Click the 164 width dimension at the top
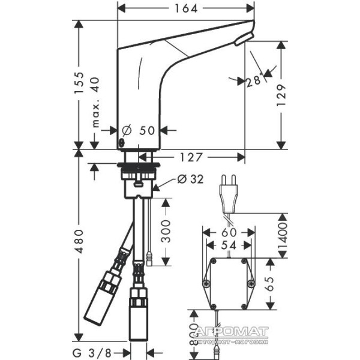tap(186, 9)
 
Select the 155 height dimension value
tap(79, 83)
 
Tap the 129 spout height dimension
tap(281, 95)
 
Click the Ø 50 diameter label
tap(138, 130)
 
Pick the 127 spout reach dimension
tap(191, 157)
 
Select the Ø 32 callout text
tap(191, 179)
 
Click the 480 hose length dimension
tap(79, 241)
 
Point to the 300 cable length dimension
tap(166, 231)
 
